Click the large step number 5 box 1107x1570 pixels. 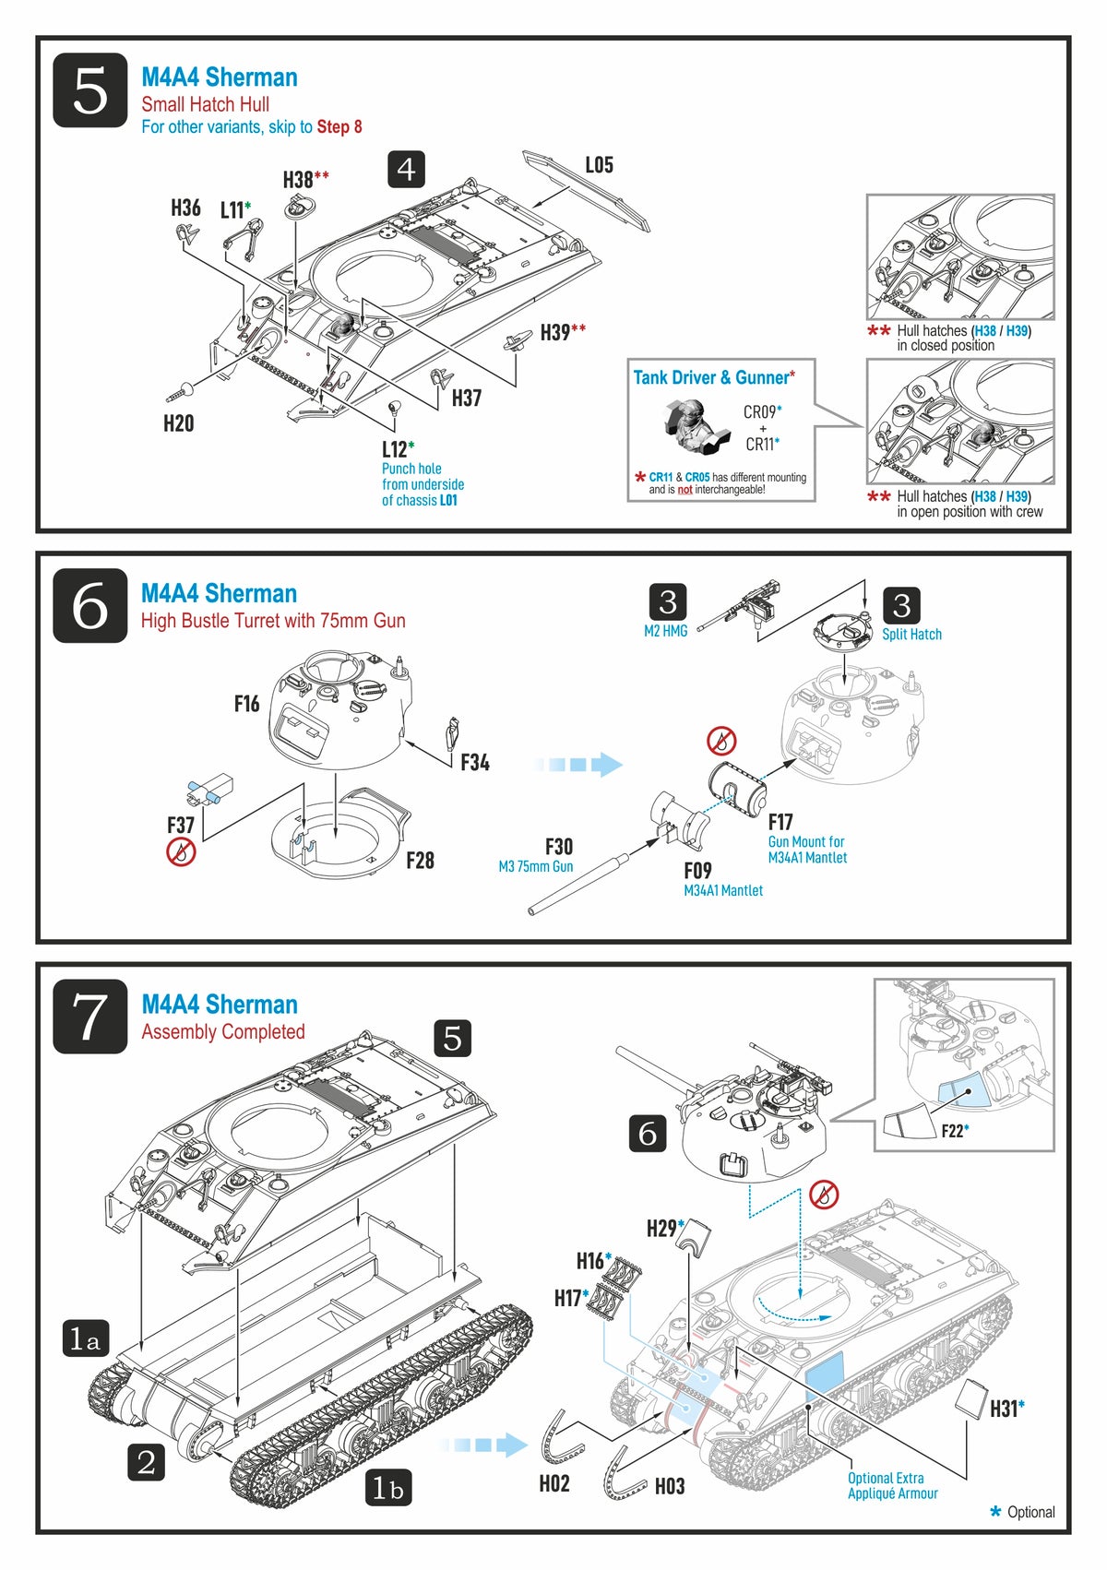tap(89, 90)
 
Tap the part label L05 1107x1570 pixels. tap(599, 165)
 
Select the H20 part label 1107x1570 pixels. tap(178, 423)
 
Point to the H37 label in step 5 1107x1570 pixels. tap(466, 398)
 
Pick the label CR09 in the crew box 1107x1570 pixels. tap(761, 412)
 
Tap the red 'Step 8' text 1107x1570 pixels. tap(339, 127)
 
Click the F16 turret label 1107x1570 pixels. tap(246, 705)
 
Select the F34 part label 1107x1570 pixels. tap(474, 763)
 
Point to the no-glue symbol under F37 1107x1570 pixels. tap(181, 851)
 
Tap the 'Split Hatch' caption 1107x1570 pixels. tap(911, 635)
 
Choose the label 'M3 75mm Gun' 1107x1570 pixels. tap(535, 867)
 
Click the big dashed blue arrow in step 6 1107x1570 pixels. tap(578, 765)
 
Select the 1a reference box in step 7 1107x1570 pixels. tap(85, 1339)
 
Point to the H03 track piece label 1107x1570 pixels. tap(670, 1486)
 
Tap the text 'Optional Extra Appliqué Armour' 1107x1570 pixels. tap(892, 1485)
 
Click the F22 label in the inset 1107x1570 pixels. tap(954, 1131)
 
